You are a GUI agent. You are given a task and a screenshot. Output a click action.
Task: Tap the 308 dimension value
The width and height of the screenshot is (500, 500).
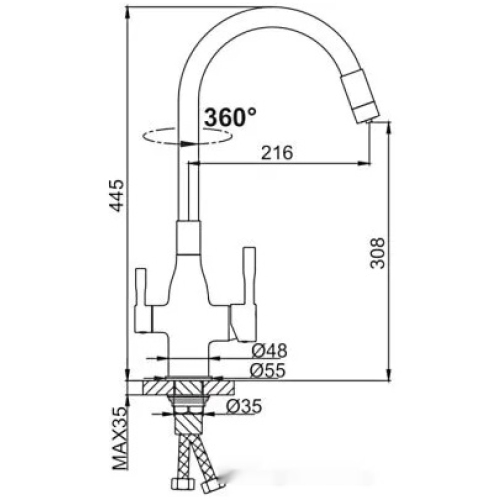(x=377, y=253)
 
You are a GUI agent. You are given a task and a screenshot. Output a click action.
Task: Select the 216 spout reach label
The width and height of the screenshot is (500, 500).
(x=276, y=153)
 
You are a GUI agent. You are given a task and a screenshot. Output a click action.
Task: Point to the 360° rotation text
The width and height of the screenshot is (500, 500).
(x=229, y=117)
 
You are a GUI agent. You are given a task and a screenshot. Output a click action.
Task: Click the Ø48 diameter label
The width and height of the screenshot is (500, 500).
(x=269, y=351)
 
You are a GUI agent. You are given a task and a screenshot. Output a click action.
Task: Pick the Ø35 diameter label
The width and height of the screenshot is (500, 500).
(x=244, y=406)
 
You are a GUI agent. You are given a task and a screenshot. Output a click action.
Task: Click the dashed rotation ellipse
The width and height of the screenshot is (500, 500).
(x=187, y=136)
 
